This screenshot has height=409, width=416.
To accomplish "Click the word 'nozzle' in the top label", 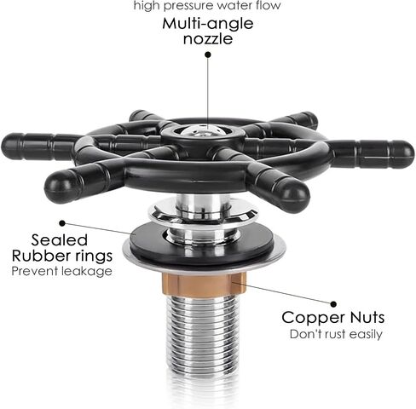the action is point(208,39).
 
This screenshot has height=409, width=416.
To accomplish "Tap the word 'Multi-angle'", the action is point(208,23).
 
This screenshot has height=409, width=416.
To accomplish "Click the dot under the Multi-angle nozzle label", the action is point(208,55).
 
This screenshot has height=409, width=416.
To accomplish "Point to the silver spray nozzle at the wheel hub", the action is point(204,131).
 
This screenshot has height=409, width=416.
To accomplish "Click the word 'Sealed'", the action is point(59,240).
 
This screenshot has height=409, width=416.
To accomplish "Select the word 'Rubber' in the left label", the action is point(42,256).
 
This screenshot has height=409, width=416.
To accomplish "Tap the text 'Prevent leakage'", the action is point(61,271).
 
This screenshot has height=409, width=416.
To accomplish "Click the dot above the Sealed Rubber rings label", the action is point(63,223).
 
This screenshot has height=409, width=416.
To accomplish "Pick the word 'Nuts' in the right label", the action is point(367,317).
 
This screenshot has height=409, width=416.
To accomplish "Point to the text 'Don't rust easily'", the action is point(336,334).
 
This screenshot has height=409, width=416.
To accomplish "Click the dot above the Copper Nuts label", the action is point(334,304).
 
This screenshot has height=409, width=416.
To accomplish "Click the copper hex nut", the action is point(204,284).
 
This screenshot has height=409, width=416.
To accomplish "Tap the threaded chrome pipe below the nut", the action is point(202,335).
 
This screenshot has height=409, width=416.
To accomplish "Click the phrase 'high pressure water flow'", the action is point(207,6).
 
